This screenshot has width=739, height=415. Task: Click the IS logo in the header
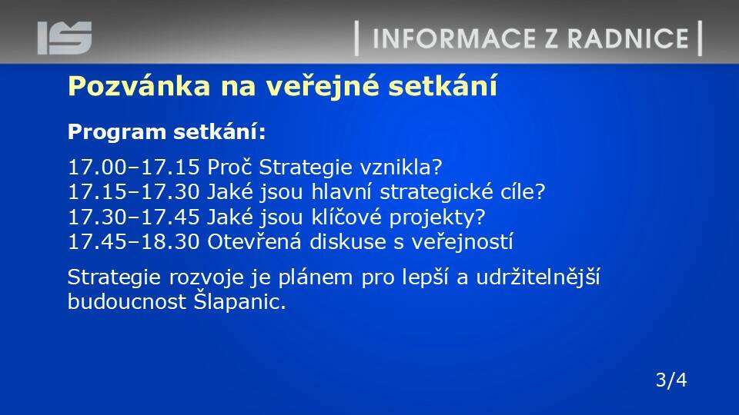point(65,38)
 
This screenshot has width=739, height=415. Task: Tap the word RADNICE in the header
point(628,38)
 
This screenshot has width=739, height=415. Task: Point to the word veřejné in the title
point(323,87)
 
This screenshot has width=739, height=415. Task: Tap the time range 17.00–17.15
point(134,167)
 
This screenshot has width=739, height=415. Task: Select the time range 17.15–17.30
point(134,192)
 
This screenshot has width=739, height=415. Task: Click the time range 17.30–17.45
point(134,217)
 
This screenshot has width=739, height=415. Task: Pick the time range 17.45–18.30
point(134,242)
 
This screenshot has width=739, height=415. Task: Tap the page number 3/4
point(671,380)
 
